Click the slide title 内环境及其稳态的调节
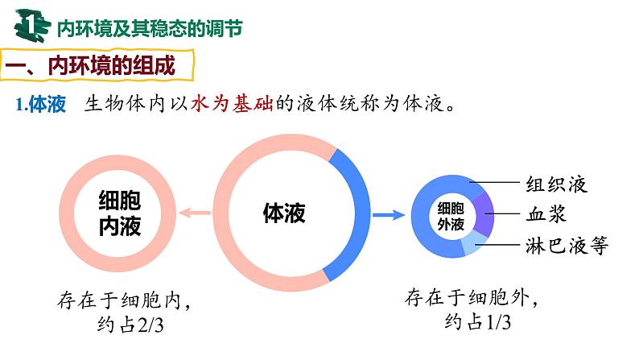(149, 27)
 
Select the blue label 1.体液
(39, 106)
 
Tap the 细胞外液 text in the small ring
(450, 214)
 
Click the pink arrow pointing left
(196, 213)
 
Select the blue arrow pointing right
(388, 215)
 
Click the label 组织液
(556, 184)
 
